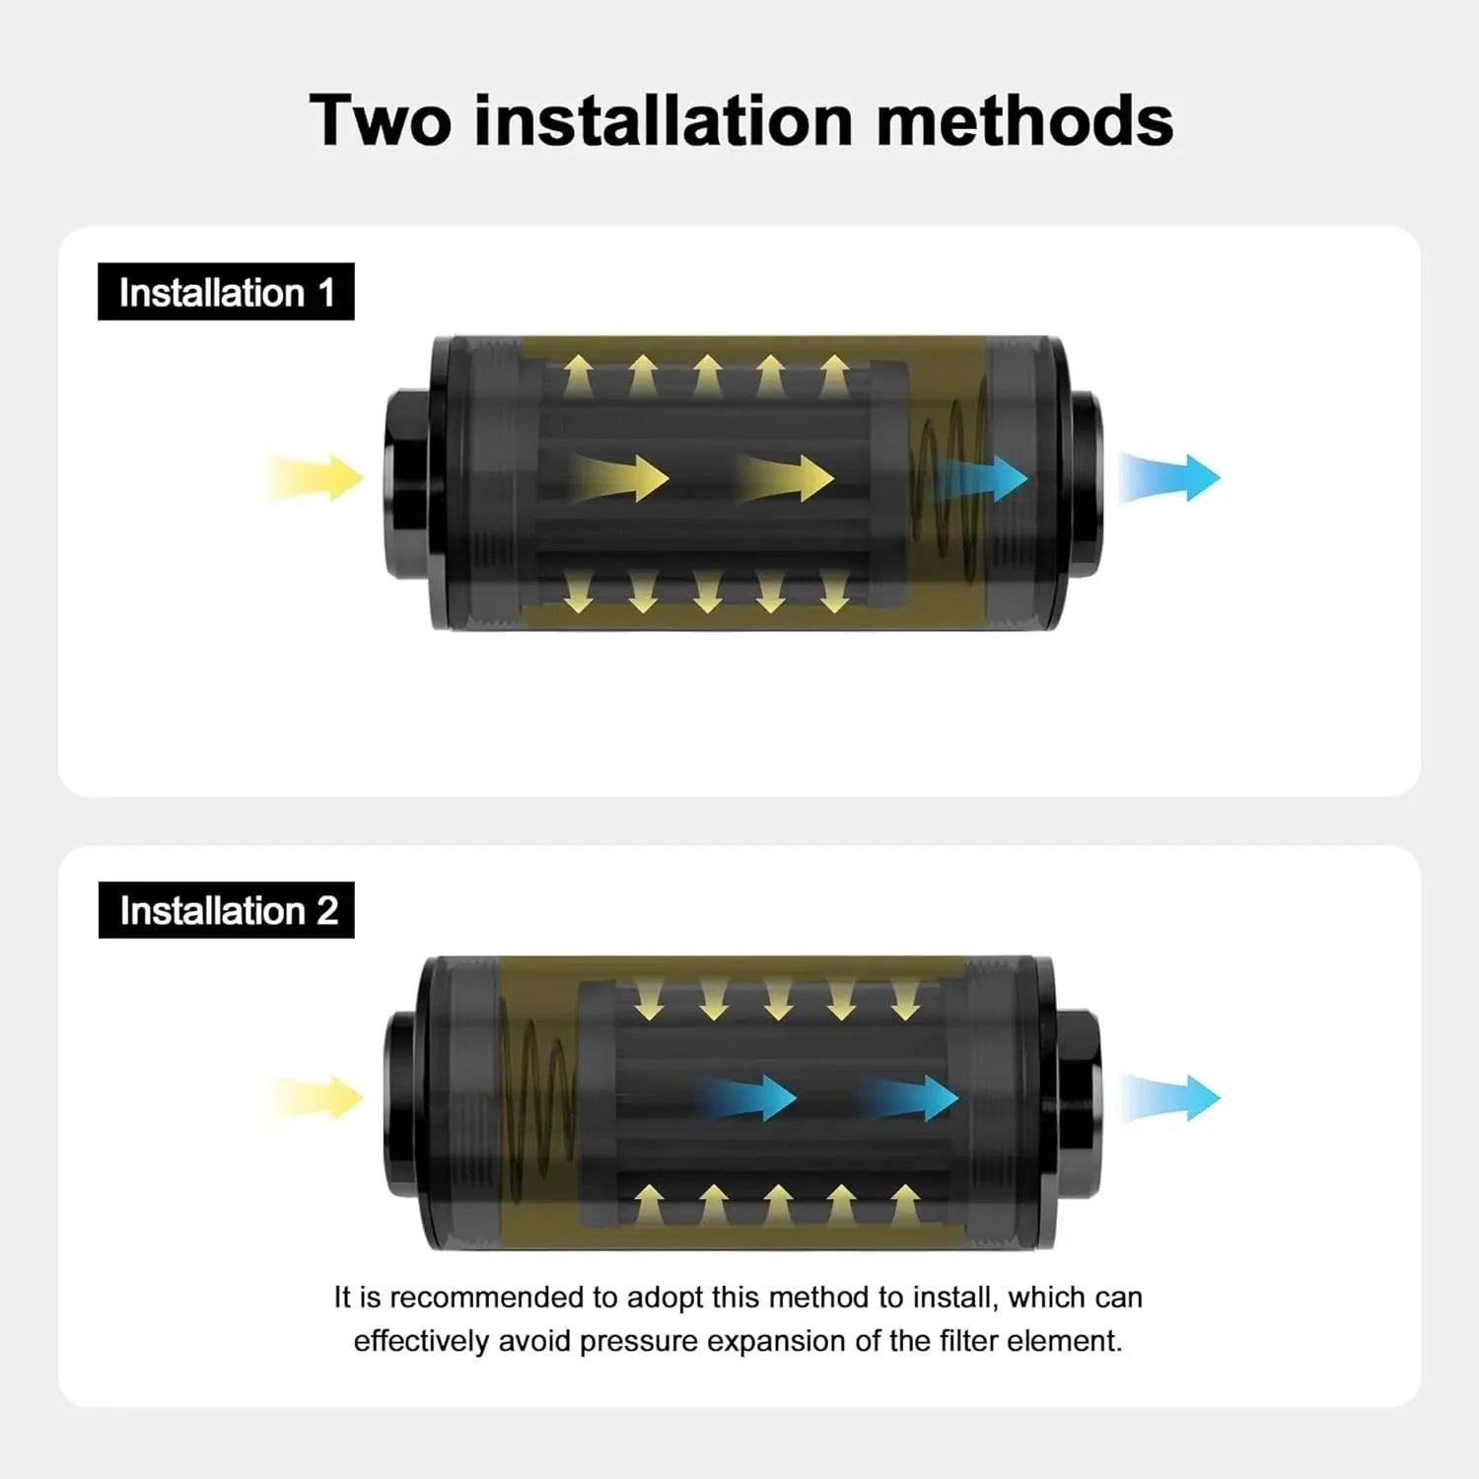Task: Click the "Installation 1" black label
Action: [x=226, y=292]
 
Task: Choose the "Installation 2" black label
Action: [x=226, y=910]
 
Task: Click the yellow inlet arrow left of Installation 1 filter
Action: [x=314, y=478]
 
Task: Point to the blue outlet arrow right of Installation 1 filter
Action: [x=1169, y=478]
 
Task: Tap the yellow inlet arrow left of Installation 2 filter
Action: [x=314, y=1097]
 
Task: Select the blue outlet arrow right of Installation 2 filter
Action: [x=1169, y=1097]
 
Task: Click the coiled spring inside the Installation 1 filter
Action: [x=949, y=483]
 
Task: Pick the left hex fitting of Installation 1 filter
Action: [x=406, y=484]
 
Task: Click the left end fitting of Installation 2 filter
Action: [x=404, y=1103]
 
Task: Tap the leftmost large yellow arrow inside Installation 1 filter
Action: [x=619, y=478]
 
